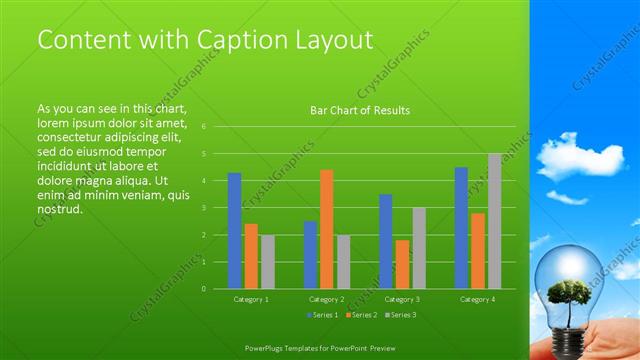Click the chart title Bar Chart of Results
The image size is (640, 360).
pyautogui.click(x=360, y=110)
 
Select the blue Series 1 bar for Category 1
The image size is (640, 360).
pyautogui.click(x=234, y=231)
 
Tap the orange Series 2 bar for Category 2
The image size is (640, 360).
pyautogui.click(x=326, y=229)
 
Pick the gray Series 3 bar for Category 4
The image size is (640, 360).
pyautogui.click(x=494, y=221)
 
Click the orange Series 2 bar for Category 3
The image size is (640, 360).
pyautogui.click(x=402, y=264)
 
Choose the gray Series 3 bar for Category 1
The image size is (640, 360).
pyautogui.click(x=267, y=262)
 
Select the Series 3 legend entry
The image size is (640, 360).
pyautogui.click(x=399, y=315)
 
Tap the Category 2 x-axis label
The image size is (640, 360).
pyautogui.click(x=326, y=299)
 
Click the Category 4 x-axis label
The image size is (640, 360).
pyautogui.click(x=477, y=299)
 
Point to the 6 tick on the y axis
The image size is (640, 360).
pyautogui.click(x=203, y=127)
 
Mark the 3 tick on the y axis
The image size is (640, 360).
pyautogui.click(x=203, y=208)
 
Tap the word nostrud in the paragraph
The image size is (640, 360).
pyautogui.click(x=59, y=210)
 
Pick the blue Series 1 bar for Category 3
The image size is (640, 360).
pyautogui.click(x=385, y=241)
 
